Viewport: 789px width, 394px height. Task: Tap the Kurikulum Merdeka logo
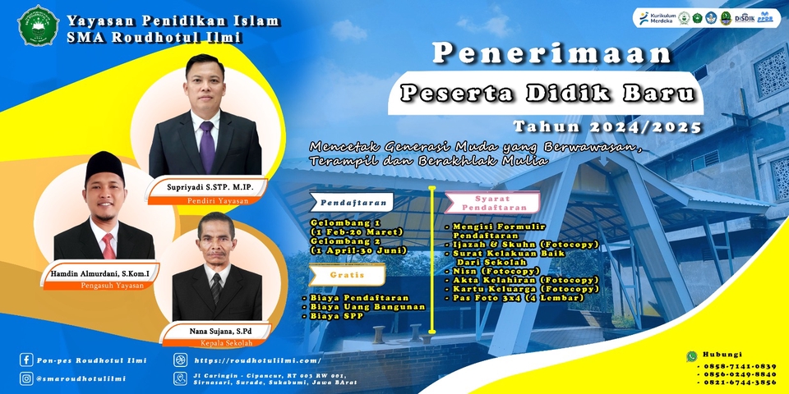click(x=656, y=19)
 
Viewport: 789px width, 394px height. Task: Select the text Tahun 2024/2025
click(x=607, y=127)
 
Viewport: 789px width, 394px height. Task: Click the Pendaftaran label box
click(x=351, y=200)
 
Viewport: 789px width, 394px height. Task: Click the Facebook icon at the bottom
click(x=26, y=360)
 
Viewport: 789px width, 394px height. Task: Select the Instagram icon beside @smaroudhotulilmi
click(x=26, y=378)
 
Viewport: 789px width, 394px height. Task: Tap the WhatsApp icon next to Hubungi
click(x=692, y=356)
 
